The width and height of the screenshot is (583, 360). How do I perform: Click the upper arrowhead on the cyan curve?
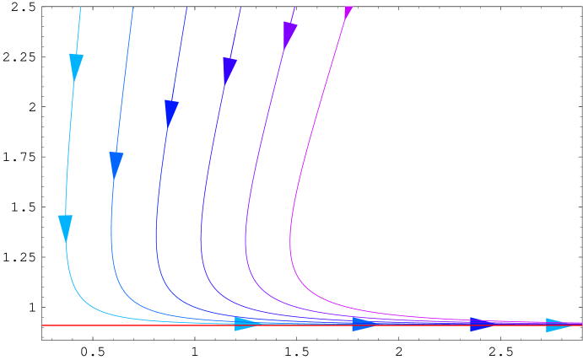click(76, 67)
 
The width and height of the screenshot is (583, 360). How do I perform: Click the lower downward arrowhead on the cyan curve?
click(65, 228)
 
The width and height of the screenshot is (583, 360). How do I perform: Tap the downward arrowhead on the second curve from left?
click(116, 164)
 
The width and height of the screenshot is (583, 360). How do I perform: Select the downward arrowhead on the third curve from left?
click(171, 113)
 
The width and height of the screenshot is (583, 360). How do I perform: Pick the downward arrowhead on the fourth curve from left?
click(229, 70)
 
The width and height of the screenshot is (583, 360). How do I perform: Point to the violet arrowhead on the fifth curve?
click(289, 35)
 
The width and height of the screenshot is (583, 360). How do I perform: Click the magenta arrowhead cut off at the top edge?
click(348, 11)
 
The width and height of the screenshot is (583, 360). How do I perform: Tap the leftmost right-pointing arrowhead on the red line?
click(246, 324)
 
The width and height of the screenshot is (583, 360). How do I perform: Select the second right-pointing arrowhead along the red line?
click(364, 324)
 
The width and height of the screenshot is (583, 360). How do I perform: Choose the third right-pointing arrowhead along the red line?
click(482, 325)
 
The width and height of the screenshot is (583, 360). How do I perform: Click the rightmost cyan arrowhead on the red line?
click(558, 325)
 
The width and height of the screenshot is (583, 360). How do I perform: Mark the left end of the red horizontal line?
click(42, 325)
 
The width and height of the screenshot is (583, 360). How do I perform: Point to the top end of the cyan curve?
click(81, 7)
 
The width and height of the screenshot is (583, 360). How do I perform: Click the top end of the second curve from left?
click(133, 7)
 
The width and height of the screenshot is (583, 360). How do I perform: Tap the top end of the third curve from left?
click(186, 7)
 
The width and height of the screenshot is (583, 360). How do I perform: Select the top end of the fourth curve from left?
click(240, 7)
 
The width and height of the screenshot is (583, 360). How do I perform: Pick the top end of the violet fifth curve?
click(294, 7)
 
